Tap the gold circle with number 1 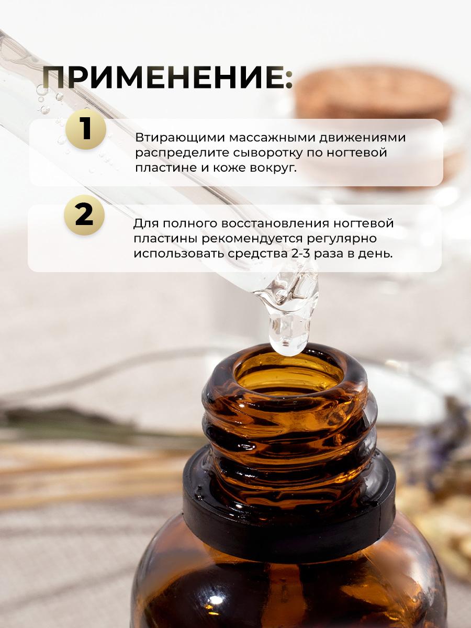[86, 129]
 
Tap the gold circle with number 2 [84, 215]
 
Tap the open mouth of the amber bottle [289, 375]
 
